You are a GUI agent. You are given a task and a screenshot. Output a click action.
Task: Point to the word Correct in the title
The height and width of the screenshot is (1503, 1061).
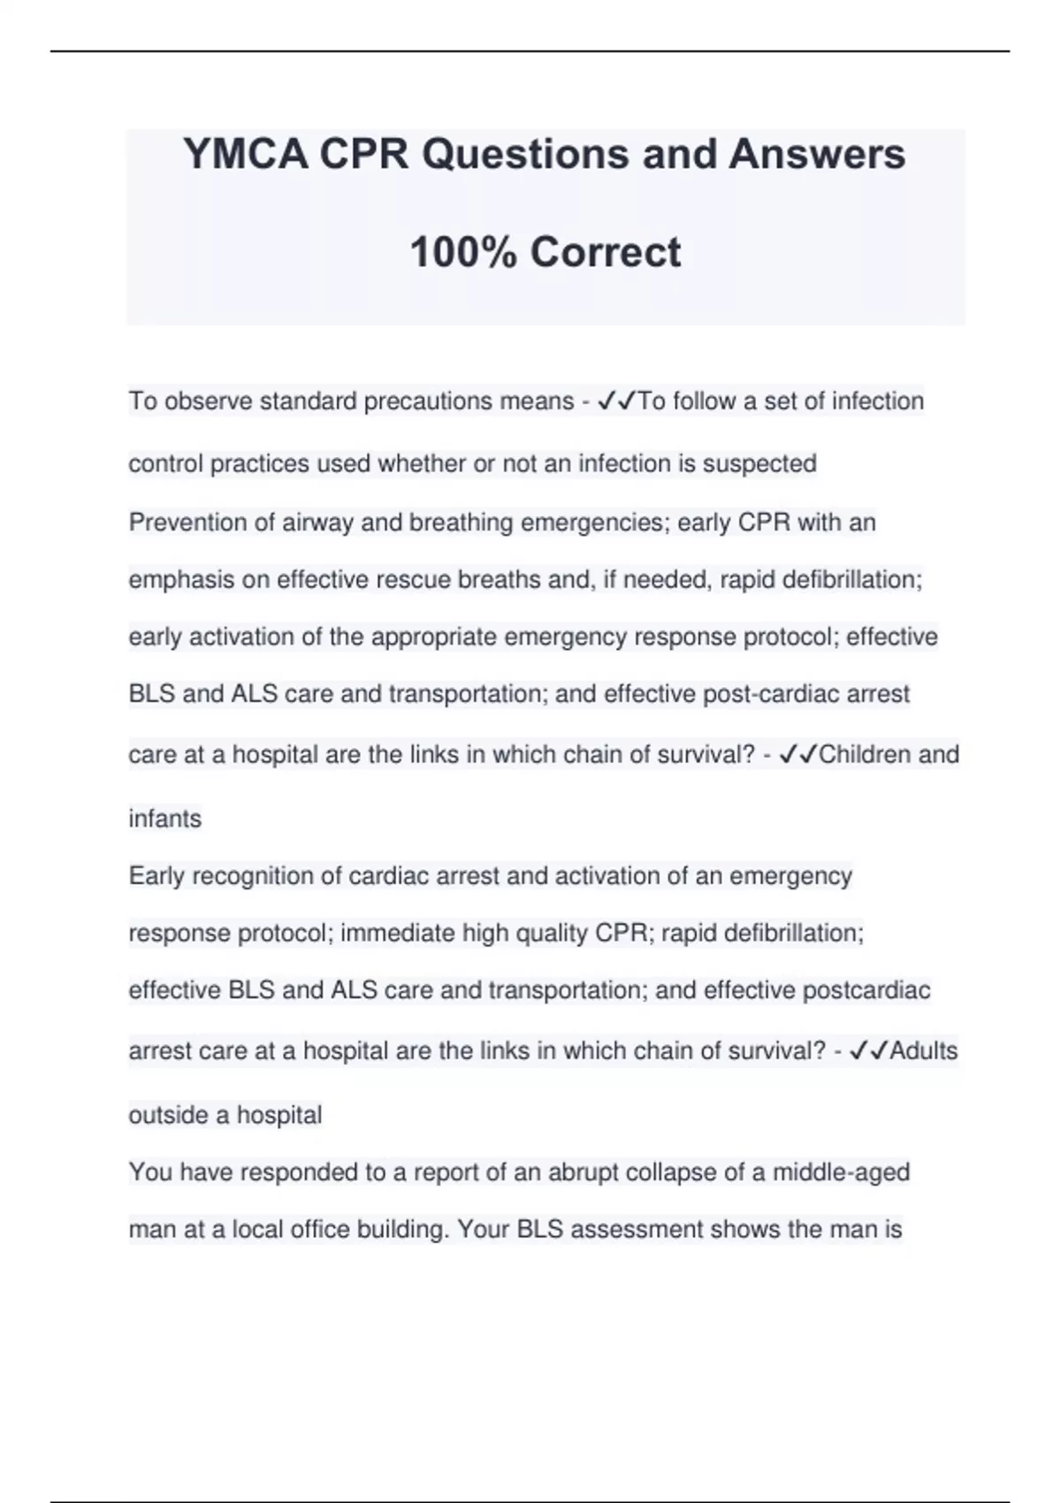606,253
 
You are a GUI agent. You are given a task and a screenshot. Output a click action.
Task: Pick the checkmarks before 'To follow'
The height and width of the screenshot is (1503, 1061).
617,401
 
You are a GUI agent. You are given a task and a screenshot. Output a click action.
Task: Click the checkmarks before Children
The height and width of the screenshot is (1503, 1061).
798,755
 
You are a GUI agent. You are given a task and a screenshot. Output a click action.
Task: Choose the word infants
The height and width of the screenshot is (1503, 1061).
165,819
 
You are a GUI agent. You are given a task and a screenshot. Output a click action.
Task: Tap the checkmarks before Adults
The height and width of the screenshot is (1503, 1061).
868,1051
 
